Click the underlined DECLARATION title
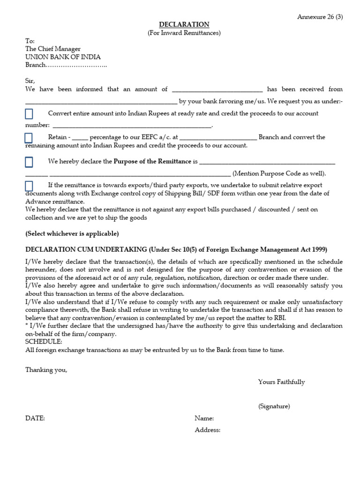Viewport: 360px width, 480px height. coord(184,24)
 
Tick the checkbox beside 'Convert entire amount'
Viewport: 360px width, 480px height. coord(29,114)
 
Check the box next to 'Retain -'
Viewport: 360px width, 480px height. coord(29,138)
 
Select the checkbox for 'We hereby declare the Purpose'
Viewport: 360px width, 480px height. coord(29,162)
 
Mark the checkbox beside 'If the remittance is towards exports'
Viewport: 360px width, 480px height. coord(29,186)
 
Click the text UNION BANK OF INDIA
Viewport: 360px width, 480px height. coord(63,57)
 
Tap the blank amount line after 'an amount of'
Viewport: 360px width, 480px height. coord(217,90)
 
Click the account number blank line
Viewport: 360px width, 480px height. coord(132,126)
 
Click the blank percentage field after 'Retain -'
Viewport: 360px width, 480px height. coord(80,138)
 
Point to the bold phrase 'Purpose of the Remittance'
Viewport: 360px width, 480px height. coord(152,161)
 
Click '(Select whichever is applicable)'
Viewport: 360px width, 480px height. coord(72,233)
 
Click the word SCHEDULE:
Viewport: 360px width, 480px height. coord(44,342)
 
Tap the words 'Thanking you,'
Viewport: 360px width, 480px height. coord(46,370)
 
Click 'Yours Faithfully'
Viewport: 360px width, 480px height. coord(281,382)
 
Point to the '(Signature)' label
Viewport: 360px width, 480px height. coord(274,406)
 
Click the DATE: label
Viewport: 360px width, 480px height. coord(35,419)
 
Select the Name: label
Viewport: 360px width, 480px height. coord(204,419)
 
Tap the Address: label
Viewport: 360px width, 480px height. coord(208,430)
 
